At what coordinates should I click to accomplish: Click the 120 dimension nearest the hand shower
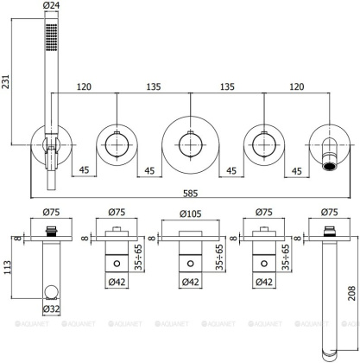pyautogui.click(x=83, y=86)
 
